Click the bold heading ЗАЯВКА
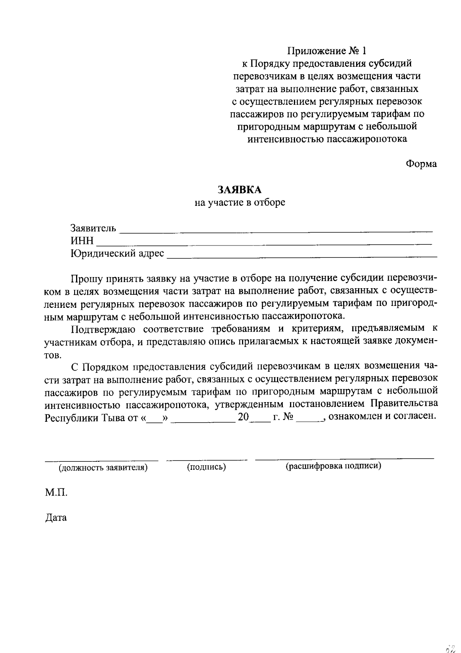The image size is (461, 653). pyautogui.click(x=239, y=189)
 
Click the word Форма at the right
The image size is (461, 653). pyautogui.click(x=421, y=164)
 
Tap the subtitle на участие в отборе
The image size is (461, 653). pyautogui.click(x=240, y=202)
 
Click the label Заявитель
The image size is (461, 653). pyautogui.click(x=93, y=228)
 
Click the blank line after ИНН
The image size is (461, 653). pyautogui.click(x=264, y=244)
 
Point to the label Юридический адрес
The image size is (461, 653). pyautogui.click(x=117, y=254)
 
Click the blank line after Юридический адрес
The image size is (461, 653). pyautogui.click(x=302, y=256)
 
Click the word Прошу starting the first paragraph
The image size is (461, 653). pyautogui.click(x=86, y=278)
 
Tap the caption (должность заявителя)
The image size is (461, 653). pyautogui.click(x=103, y=468)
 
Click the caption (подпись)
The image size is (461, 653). pyautogui.click(x=206, y=467)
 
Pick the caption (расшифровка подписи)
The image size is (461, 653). pyautogui.click(x=333, y=466)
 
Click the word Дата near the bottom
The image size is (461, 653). pyautogui.click(x=56, y=518)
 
